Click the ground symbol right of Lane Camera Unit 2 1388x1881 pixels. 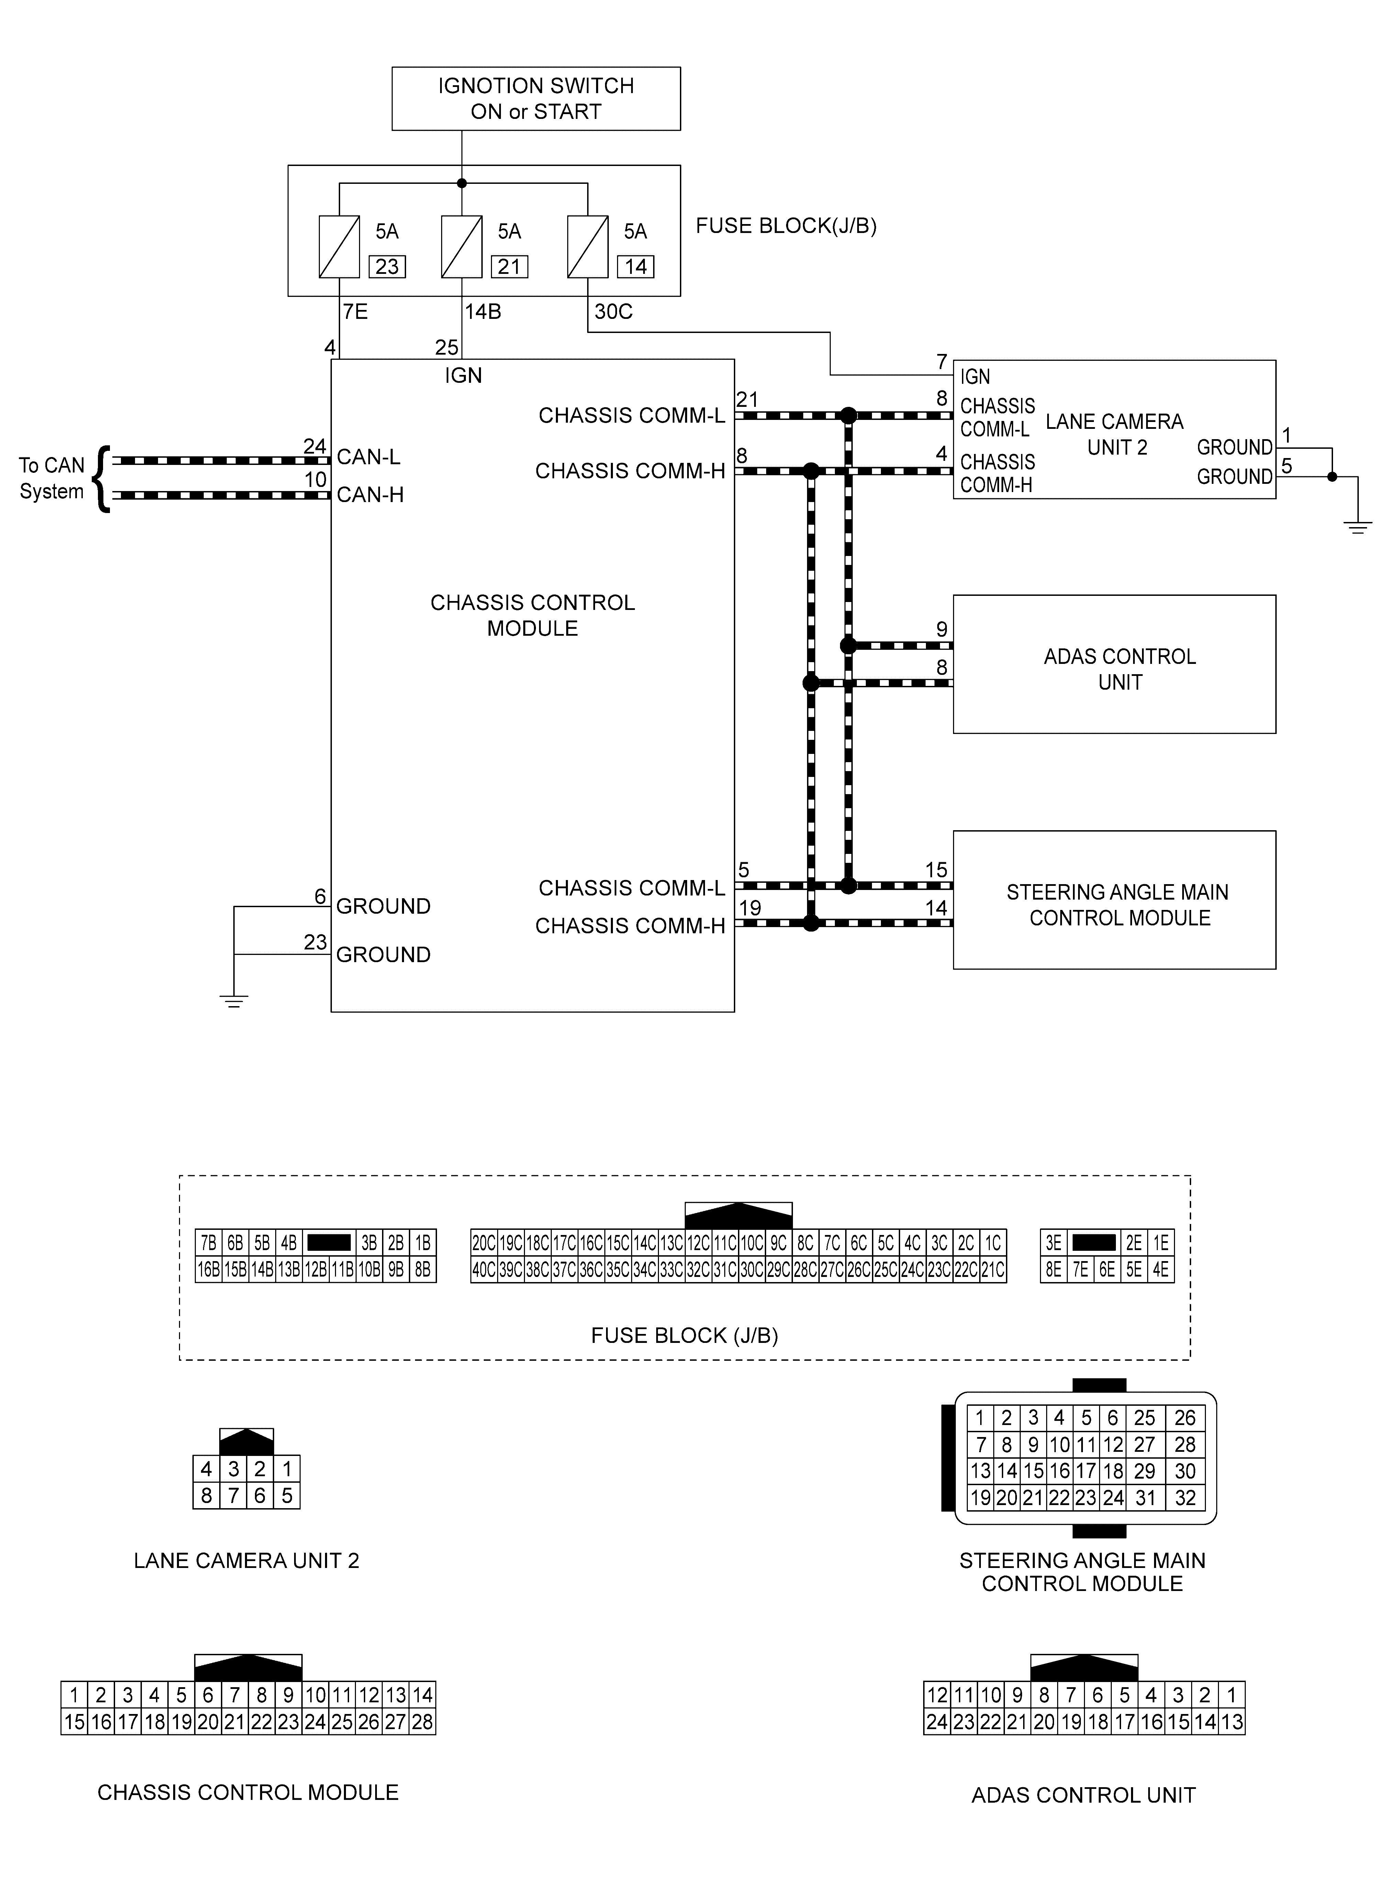click(1357, 527)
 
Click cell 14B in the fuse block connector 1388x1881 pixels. click(262, 1269)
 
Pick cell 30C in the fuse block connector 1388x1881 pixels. click(751, 1269)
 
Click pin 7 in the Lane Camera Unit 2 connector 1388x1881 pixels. click(234, 1495)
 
